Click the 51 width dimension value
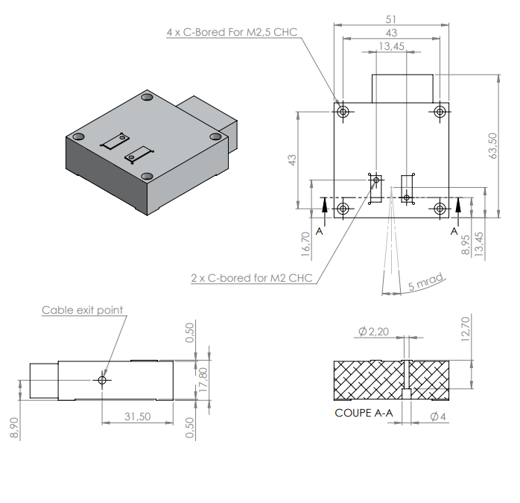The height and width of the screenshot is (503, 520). [391, 19]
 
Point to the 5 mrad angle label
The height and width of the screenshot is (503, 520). [426, 284]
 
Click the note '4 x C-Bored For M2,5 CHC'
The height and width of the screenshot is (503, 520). [232, 34]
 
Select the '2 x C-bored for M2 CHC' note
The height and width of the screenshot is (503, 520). [252, 278]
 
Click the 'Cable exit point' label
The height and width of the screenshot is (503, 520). [82, 310]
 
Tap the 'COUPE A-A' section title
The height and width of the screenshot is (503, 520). [363, 412]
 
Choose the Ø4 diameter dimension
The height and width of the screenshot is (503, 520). [438, 417]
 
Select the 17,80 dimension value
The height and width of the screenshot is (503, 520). [203, 380]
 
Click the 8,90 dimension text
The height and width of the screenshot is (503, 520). [16, 427]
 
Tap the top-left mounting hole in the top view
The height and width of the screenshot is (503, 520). [343, 112]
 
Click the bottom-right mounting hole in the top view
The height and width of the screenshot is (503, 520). [440, 208]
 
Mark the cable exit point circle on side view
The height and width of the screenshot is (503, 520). [103, 380]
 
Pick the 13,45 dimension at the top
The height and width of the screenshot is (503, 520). [391, 46]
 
